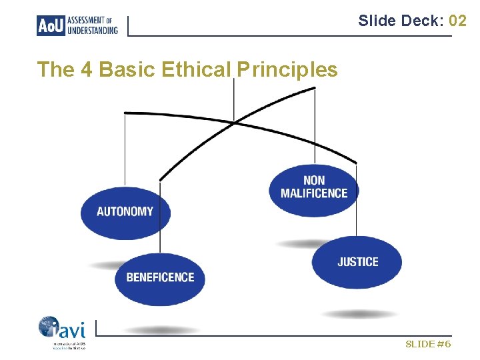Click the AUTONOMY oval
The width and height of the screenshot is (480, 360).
(125, 212)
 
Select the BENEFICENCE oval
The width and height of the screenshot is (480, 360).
(160, 277)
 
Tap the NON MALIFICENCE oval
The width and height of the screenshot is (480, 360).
(314, 188)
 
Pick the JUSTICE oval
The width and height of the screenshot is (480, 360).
(357, 262)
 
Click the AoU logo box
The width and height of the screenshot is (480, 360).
(51, 25)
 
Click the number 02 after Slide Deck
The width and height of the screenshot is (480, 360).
(457, 21)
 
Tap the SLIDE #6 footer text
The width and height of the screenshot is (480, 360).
(428, 344)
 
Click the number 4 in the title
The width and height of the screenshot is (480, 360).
(84, 69)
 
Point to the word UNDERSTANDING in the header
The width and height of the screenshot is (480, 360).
(93, 30)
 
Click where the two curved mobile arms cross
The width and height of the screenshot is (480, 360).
(234, 121)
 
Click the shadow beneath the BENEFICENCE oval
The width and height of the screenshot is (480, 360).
(161, 329)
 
